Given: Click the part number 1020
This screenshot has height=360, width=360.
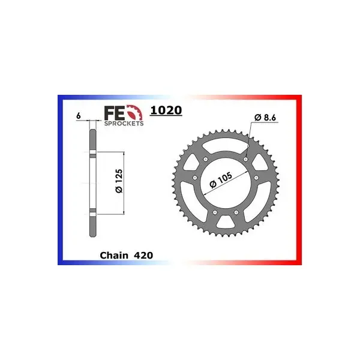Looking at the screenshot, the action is [166, 110].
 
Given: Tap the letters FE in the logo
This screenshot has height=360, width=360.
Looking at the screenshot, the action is [115, 113].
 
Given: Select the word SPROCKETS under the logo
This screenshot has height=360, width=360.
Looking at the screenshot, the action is [124, 124].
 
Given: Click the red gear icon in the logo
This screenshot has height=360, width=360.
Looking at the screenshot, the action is [135, 113].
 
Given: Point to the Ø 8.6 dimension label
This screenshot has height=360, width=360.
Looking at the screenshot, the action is [265, 118].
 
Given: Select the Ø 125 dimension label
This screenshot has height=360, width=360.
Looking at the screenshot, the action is [119, 181].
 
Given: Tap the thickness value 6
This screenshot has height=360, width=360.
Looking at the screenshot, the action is [79, 116].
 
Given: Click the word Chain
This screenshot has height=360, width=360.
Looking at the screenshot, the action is [114, 256].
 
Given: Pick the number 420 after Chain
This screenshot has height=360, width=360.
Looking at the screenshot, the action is [143, 256].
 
